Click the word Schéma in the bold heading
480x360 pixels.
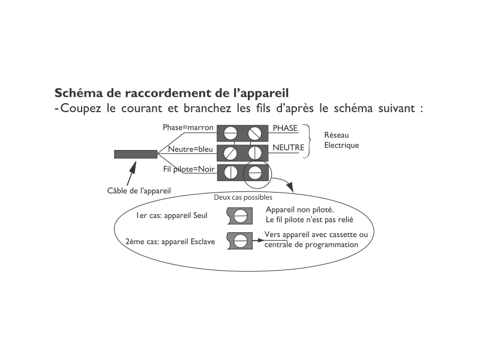(79, 93)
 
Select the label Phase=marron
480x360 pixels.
(188, 127)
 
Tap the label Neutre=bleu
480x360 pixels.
(190, 149)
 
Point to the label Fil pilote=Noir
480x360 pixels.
(189, 169)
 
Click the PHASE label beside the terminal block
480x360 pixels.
(285, 128)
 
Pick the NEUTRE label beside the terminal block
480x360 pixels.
(289, 148)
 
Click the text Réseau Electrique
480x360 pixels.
(341, 140)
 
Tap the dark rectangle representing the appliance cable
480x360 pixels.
(136, 154)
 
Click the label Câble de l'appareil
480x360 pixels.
(139, 191)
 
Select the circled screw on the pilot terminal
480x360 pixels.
(254, 173)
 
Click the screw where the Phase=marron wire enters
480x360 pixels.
(230, 133)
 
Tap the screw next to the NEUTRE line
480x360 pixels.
(254, 153)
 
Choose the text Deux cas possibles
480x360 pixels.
(243, 197)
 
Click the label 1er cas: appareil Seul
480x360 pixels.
(172, 215)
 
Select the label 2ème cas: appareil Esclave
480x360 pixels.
(170, 242)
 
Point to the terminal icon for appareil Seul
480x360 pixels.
(240, 216)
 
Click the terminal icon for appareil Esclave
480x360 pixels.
(240, 241)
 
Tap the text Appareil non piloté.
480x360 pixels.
(299, 209)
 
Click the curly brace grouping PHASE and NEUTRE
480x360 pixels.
(307, 141)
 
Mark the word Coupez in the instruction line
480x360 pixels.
(81, 109)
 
